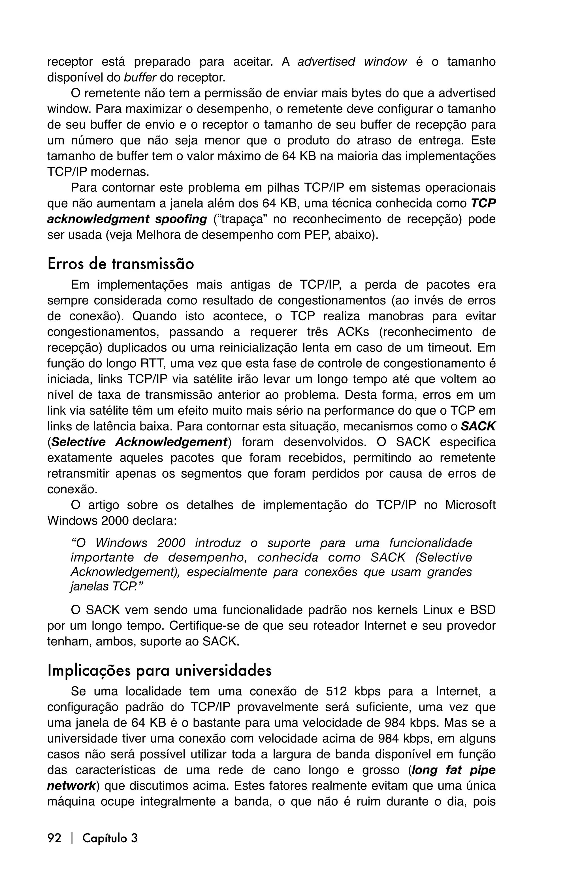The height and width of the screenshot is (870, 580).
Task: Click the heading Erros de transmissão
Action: (x=121, y=264)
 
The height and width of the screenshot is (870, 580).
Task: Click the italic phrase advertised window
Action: (x=352, y=62)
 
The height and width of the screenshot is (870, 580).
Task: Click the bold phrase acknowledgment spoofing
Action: (x=127, y=219)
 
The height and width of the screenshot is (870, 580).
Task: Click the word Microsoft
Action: (x=470, y=505)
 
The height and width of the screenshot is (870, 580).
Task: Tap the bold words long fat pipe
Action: (x=453, y=770)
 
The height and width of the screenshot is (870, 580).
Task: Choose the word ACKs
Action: (x=353, y=332)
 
